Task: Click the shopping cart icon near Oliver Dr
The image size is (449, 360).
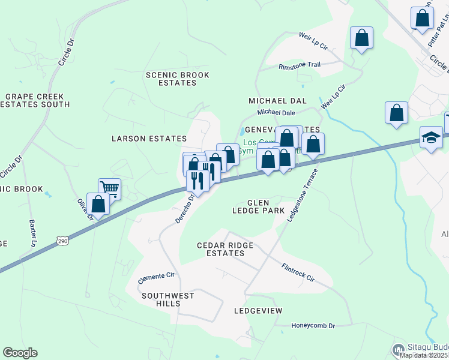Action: click(109, 188)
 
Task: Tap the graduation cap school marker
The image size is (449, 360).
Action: click(431, 137)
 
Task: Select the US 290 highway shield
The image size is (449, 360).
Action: click(63, 241)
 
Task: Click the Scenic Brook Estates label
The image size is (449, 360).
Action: click(178, 79)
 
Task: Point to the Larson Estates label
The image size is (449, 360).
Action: click(146, 139)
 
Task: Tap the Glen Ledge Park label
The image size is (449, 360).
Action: click(259, 206)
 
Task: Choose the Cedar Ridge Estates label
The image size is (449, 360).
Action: click(226, 250)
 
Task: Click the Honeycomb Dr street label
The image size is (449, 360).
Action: click(313, 326)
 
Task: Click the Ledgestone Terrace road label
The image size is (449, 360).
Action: click(301, 195)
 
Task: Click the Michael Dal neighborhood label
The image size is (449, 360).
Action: click(278, 101)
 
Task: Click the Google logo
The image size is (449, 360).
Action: click(20, 353)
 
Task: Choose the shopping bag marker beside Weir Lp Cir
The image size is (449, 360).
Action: click(362, 38)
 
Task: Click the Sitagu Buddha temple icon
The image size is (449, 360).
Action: click(398, 350)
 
